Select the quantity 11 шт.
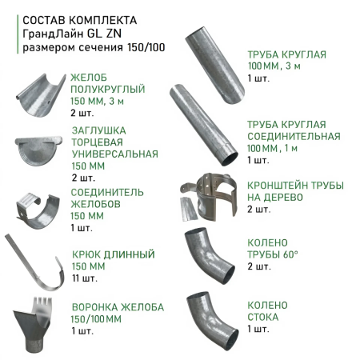coord(84,279)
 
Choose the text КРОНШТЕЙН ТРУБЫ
coord(295,185)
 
